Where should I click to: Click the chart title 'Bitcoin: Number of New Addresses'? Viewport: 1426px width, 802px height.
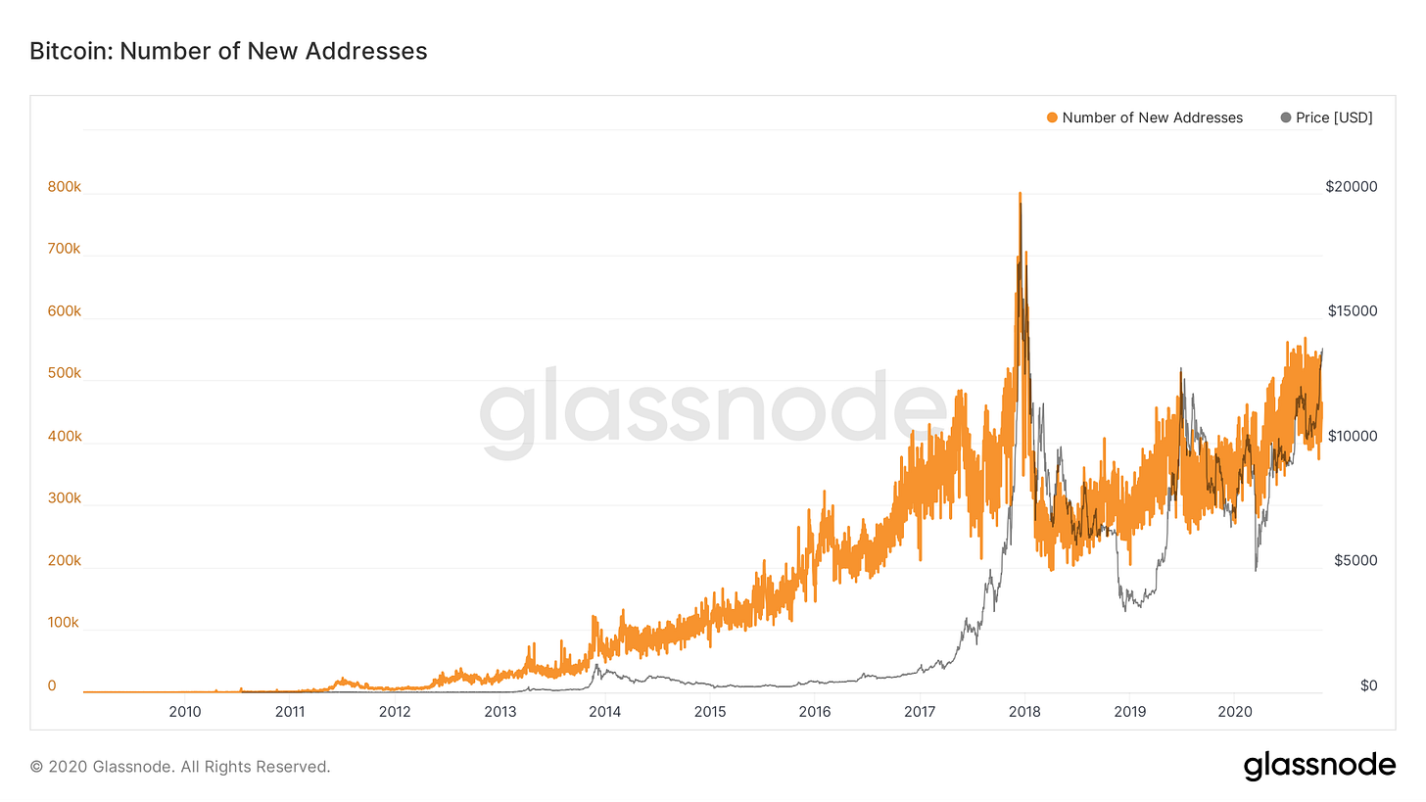tap(228, 51)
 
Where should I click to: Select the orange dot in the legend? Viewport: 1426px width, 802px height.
tap(1053, 118)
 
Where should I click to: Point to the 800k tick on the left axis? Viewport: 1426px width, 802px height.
tap(64, 186)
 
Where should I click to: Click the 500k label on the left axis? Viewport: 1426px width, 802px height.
tap(64, 373)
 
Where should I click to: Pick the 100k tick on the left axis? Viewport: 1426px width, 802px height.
tap(64, 623)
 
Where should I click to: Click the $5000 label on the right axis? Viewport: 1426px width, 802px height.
tap(1355, 560)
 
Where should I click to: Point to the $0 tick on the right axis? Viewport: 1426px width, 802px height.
tap(1368, 685)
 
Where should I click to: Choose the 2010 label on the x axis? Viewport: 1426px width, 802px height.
tap(185, 711)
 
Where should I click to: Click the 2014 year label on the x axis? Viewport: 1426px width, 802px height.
tap(605, 711)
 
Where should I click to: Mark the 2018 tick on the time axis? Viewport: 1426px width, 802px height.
tap(1024, 711)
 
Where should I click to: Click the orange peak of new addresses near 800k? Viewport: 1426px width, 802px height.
tap(1020, 195)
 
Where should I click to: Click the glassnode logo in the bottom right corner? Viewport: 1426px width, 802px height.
tap(1319, 766)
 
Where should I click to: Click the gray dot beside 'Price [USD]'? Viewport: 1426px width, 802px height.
tap(1286, 118)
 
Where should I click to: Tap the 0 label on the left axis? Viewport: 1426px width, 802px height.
tap(52, 685)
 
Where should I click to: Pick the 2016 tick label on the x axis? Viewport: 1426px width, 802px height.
tap(815, 711)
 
